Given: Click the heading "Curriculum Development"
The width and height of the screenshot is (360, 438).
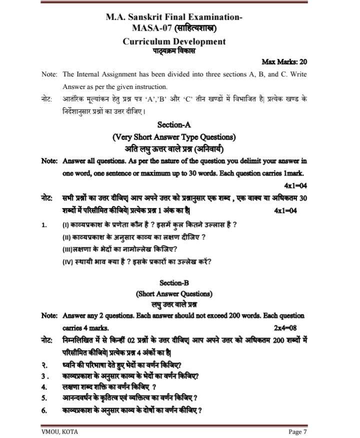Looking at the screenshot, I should pyautogui.click(x=174, y=41).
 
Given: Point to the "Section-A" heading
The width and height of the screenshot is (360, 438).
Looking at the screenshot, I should pyautogui.click(x=174, y=124).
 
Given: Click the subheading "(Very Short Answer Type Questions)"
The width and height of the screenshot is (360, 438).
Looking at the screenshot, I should pyautogui.click(x=174, y=136).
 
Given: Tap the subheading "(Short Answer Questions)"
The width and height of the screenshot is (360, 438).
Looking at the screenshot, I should pyautogui.click(x=174, y=293).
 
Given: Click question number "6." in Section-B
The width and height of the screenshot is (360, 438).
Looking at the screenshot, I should pyautogui.click(x=44, y=411).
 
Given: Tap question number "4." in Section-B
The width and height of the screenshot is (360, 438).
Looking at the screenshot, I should pyautogui.click(x=44, y=386).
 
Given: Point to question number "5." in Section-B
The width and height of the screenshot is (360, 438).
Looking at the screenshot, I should pyautogui.click(x=44, y=398).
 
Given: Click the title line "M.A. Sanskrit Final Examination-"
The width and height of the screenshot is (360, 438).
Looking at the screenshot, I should pyautogui.click(x=174, y=16).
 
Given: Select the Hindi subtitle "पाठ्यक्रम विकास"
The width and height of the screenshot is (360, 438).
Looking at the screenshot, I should pyautogui.click(x=174, y=51).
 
